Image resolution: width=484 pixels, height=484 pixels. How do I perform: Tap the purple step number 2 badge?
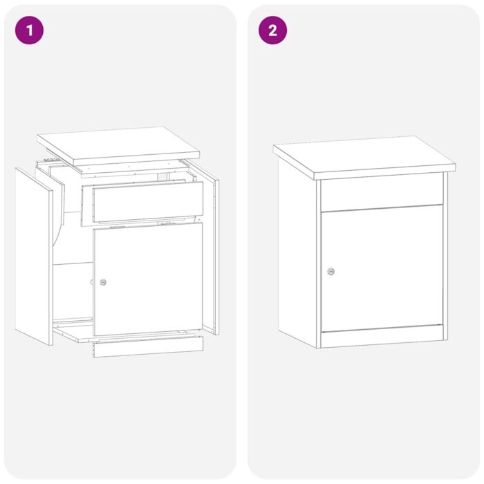(272, 30)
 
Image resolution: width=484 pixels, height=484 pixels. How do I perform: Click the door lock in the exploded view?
(103, 282)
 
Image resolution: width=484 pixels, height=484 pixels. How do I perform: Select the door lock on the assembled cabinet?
(331, 272)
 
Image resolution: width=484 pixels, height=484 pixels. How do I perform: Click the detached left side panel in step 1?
(35, 256)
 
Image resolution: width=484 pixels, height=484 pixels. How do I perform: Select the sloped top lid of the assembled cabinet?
(363, 155)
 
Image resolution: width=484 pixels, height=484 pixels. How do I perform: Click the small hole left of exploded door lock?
(91, 282)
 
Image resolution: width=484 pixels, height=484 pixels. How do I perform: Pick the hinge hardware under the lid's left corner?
(47, 160)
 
